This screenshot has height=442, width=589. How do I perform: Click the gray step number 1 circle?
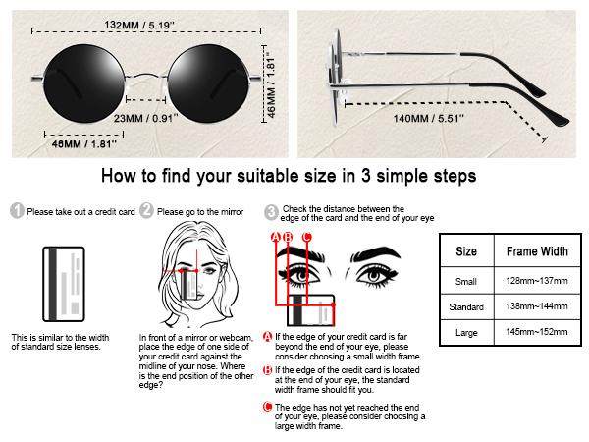click(x=17, y=211)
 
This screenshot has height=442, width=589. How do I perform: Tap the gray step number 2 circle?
click(x=147, y=211)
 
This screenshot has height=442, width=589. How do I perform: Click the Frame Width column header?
click(x=536, y=251)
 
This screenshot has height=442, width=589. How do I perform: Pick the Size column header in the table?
click(x=466, y=251)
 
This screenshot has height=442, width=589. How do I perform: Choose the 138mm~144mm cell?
click(x=536, y=306)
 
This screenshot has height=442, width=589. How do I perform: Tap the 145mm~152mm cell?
click(x=536, y=334)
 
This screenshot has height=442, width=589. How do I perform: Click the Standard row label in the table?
click(x=466, y=306)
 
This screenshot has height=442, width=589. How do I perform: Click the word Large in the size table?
click(x=466, y=334)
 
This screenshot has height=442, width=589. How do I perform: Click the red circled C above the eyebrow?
click(x=306, y=237)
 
